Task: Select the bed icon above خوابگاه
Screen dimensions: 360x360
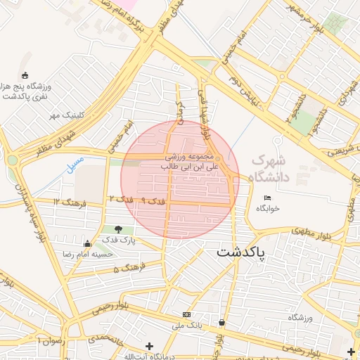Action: click(x=267, y=198)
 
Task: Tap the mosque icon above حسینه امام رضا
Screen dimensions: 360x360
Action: click(x=87, y=243)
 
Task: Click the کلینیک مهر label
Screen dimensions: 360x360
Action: click(x=66, y=115)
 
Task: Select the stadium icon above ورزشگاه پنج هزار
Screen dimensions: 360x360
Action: click(x=25, y=75)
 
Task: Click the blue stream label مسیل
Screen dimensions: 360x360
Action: click(x=75, y=164)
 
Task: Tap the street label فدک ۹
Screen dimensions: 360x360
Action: click(x=153, y=201)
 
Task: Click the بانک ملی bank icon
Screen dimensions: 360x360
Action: click(x=186, y=314)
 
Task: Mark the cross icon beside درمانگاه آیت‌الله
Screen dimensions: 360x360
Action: click(x=148, y=346)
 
